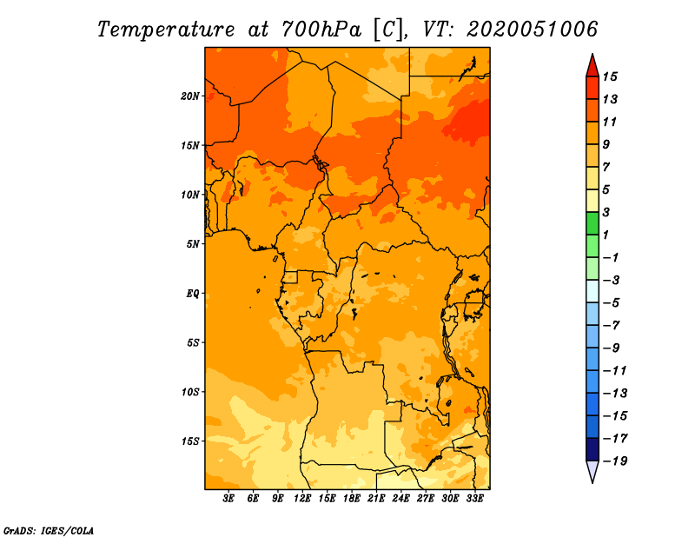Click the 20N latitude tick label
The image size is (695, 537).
(190, 96)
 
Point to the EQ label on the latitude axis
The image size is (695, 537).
(192, 294)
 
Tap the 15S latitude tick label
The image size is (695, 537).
(190, 441)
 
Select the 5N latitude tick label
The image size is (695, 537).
(193, 244)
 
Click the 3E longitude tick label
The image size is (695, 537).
(228, 498)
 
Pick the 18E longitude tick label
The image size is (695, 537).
(352, 498)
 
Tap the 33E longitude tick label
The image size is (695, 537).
(474, 498)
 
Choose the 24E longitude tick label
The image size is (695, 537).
(400, 498)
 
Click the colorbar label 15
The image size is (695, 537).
(610, 77)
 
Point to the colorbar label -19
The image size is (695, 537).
(615, 461)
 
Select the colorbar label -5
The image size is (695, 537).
(612, 303)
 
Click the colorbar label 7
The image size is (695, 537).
(606, 167)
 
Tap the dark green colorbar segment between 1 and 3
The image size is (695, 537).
(592, 223)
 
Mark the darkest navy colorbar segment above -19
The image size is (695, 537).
(592, 449)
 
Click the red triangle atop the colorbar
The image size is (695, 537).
(592, 67)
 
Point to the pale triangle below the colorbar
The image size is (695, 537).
(592, 471)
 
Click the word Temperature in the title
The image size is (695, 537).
(166, 30)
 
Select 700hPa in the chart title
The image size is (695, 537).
(321, 30)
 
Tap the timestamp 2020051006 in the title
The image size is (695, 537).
(533, 30)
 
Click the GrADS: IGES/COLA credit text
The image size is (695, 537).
(49, 531)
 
